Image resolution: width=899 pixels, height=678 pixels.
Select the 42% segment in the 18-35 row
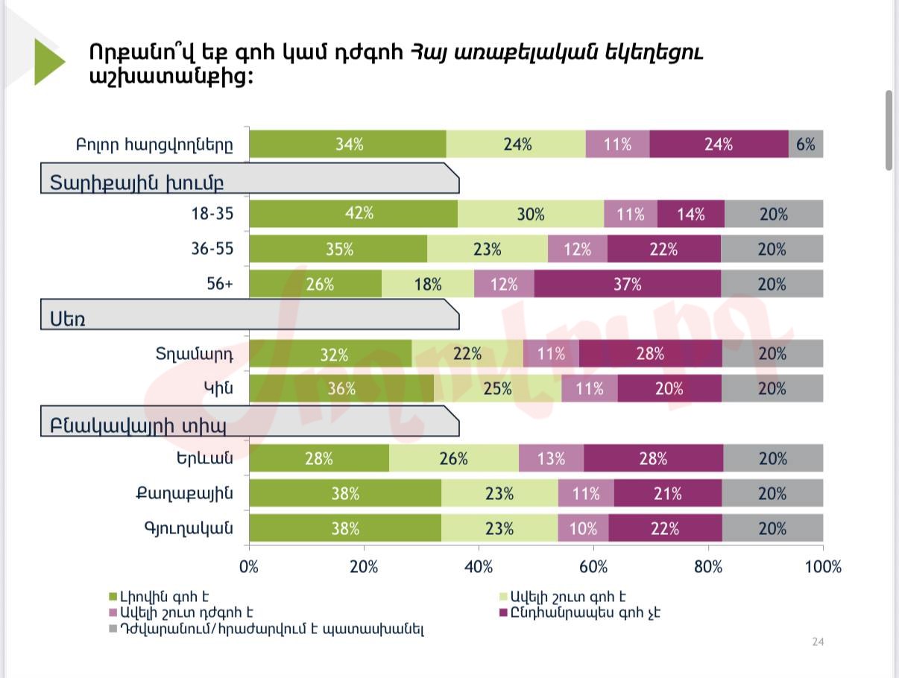353,214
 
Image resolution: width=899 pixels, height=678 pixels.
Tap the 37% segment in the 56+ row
627,284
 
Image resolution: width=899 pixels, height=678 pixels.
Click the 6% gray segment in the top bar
806,144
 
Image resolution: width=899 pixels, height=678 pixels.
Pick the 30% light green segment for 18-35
531,214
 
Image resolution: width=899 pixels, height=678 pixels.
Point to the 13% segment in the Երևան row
551,458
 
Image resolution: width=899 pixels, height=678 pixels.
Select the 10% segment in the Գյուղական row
583,528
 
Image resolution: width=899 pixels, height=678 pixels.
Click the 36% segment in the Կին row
341,388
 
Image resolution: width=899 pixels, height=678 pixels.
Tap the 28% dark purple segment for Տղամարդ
650,353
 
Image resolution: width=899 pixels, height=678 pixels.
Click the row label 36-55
212,249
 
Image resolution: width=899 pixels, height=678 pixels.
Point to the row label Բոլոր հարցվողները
154,145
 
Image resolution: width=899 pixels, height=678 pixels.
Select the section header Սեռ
68,319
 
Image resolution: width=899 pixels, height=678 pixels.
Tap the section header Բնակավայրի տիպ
138,426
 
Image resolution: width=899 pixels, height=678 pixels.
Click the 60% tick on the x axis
593,567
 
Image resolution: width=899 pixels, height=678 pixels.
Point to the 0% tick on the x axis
249,567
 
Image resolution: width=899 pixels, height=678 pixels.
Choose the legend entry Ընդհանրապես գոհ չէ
585,613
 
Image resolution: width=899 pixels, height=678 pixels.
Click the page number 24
818,642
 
